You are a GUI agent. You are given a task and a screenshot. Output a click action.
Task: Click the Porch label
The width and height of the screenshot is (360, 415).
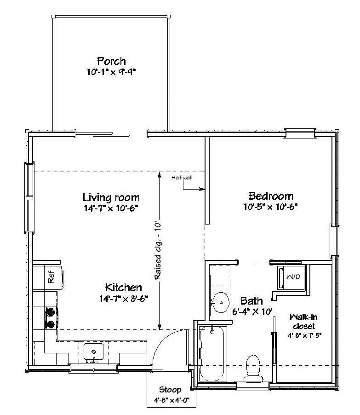click(111, 61)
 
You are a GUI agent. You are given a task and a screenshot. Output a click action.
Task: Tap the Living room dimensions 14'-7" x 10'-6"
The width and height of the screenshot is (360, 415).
click(111, 208)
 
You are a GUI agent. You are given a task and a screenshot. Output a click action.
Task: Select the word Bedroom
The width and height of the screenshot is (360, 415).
click(271, 196)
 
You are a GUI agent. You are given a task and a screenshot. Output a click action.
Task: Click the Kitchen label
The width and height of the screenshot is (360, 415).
click(124, 287)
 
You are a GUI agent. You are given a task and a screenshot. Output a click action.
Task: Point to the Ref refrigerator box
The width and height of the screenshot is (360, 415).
click(48, 277)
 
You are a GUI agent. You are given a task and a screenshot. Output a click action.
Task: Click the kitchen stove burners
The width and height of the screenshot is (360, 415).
click(51, 317)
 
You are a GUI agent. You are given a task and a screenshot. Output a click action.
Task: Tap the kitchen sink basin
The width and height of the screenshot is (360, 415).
click(93, 351)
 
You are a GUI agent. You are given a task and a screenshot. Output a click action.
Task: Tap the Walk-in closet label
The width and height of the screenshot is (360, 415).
click(303, 321)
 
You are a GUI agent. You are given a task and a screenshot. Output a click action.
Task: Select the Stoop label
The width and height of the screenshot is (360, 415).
click(171, 390)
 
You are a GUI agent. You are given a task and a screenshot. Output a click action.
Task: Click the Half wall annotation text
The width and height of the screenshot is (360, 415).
click(182, 178)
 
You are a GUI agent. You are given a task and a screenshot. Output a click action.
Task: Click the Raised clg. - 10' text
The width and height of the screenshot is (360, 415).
click(158, 250)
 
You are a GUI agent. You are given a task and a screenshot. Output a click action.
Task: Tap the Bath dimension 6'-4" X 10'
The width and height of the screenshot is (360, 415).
click(252, 311)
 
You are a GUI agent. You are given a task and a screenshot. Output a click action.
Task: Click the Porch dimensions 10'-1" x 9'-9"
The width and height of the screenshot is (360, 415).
click(111, 72)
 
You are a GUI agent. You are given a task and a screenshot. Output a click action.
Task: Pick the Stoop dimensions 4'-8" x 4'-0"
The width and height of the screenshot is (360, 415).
click(171, 400)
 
